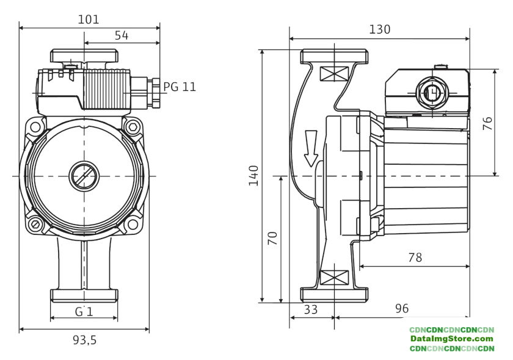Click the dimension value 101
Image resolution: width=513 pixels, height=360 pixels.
click(x=89, y=20)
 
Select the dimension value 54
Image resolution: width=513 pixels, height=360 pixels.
click(x=122, y=35)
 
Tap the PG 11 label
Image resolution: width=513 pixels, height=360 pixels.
click(x=180, y=87)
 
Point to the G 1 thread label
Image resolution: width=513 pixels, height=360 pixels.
click(x=84, y=311)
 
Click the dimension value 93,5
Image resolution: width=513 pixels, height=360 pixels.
click(x=84, y=340)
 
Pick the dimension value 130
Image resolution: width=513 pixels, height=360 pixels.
click(x=379, y=29)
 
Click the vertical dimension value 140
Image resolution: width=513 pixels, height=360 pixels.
click(x=253, y=176)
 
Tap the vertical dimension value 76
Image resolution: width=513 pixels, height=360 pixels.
click(x=487, y=123)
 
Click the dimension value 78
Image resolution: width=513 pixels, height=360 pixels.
click(x=415, y=257)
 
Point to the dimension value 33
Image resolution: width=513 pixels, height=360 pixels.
click(x=311, y=309)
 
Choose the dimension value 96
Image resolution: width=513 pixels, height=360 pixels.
click(x=401, y=309)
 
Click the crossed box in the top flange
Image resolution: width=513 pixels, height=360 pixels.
click(x=334, y=74)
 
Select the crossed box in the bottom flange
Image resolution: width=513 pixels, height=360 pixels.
click(x=334, y=278)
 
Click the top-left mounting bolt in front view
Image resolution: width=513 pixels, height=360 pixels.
click(x=35, y=128)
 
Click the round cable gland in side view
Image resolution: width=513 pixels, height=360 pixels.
click(x=432, y=93)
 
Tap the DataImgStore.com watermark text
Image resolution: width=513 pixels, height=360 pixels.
click(x=451, y=339)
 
